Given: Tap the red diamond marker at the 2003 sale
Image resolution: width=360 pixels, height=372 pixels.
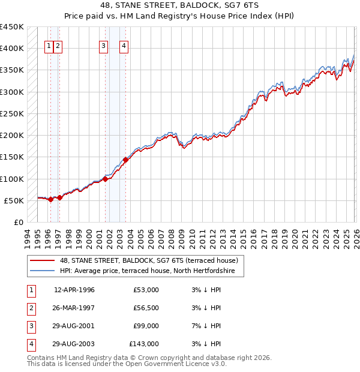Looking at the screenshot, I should (126, 160).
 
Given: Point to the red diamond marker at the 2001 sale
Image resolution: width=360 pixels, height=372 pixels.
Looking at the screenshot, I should (105, 179).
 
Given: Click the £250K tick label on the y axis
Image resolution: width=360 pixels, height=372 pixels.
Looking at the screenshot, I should (12, 113).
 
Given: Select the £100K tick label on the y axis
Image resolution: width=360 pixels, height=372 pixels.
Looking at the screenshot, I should (12, 179).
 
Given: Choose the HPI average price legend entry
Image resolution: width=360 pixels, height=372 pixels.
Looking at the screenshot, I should (151, 272).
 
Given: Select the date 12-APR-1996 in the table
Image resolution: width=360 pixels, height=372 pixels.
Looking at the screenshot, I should (74, 290).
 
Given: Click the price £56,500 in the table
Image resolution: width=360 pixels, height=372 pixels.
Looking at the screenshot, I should (146, 308).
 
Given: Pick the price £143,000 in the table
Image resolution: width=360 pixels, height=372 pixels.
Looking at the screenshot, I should (144, 344).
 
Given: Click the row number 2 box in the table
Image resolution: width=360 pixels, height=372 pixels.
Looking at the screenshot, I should (31, 308).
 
